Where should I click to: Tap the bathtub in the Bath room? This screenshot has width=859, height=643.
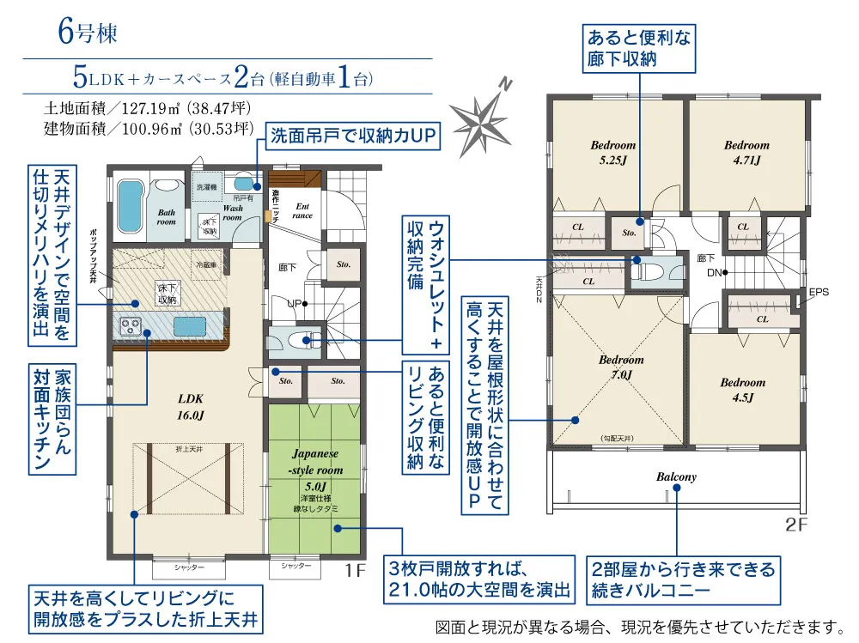click(129, 205)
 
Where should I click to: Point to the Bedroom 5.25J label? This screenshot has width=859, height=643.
click(612, 152)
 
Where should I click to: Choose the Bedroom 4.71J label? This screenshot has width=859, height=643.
click(746, 152)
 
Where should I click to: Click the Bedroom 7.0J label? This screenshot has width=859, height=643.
click(621, 367)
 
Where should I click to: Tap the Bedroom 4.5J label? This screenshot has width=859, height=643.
click(742, 390)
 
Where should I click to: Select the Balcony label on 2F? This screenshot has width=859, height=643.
click(676, 476)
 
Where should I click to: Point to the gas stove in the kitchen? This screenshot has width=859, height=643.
click(131, 326)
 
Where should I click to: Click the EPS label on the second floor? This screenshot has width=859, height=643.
click(819, 292)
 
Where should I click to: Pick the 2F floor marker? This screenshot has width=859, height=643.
click(797, 523)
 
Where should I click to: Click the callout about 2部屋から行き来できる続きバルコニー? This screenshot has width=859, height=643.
click(682, 579)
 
